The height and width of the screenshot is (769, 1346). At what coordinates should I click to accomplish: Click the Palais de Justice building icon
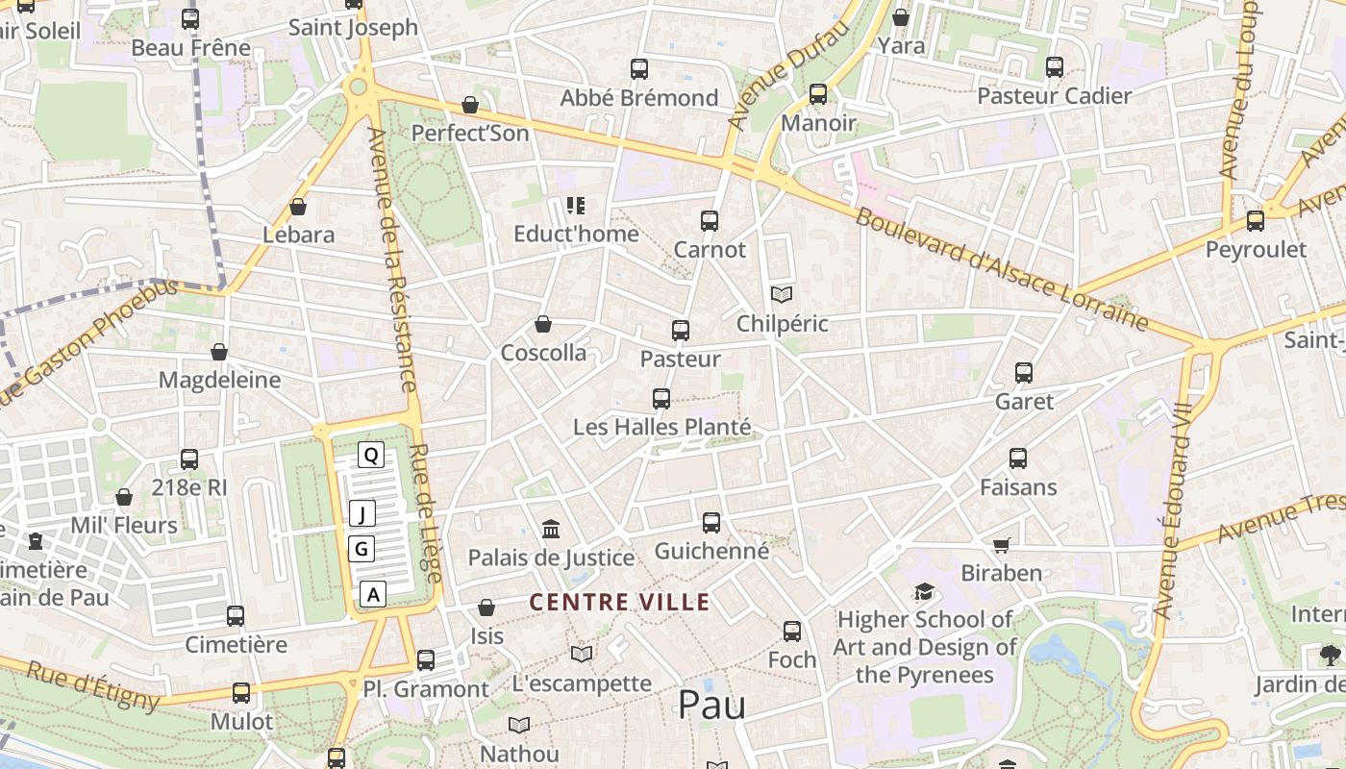pyautogui.click(x=551, y=529)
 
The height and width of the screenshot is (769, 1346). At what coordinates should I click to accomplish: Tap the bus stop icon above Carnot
pyautogui.click(x=710, y=221)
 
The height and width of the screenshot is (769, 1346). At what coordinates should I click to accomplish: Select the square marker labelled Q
pyautogui.click(x=371, y=455)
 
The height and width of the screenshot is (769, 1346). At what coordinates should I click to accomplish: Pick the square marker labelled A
pyautogui.click(x=374, y=595)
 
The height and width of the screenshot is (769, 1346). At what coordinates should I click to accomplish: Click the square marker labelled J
pyautogui.click(x=361, y=514)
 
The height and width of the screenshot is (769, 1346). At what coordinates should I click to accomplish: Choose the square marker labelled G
pyautogui.click(x=361, y=549)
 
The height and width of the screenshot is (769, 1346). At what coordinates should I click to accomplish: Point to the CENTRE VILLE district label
pyautogui.click(x=620, y=603)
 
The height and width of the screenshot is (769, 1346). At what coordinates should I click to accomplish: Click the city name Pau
pyautogui.click(x=711, y=705)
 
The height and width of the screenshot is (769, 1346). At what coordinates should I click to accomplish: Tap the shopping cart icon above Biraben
pyautogui.click(x=1001, y=545)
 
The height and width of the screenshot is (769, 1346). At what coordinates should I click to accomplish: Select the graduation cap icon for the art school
pyautogui.click(x=924, y=591)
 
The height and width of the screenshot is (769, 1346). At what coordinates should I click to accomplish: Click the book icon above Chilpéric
pyautogui.click(x=783, y=294)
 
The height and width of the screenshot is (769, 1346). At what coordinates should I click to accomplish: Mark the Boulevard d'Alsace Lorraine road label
pyautogui.click(x=1002, y=268)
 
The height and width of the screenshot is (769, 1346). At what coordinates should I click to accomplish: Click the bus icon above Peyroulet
pyautogui.click(x=1255, y=221)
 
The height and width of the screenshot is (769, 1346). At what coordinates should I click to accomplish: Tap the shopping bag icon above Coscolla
pyautogui.click(x=543, y=324)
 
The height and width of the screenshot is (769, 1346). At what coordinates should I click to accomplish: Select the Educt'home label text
pyautogui.click(x=576, y=234)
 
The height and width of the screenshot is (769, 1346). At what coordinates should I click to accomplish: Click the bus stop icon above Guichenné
pyautogui.click(x=711, y=523)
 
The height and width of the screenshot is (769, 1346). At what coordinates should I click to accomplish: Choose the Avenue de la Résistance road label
pyautogui.click(x=395, y=260)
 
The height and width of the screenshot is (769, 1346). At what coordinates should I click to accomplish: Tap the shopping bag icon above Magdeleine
pyautogui.click(x=219, y=352)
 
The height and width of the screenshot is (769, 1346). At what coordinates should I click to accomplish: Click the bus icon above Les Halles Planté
pyautogui.click(x=661, y=398)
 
